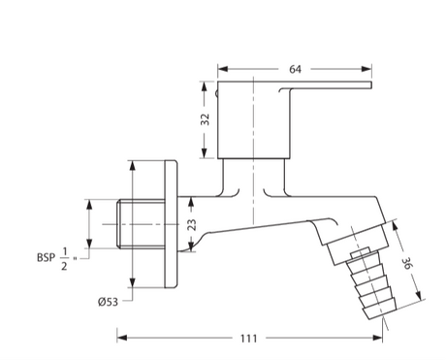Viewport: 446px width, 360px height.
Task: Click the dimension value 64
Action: (295, 68)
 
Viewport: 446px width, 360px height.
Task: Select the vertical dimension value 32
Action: (205, 119)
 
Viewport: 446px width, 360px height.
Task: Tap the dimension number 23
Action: (191, 225)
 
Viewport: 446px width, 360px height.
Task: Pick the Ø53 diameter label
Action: (110, 300)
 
